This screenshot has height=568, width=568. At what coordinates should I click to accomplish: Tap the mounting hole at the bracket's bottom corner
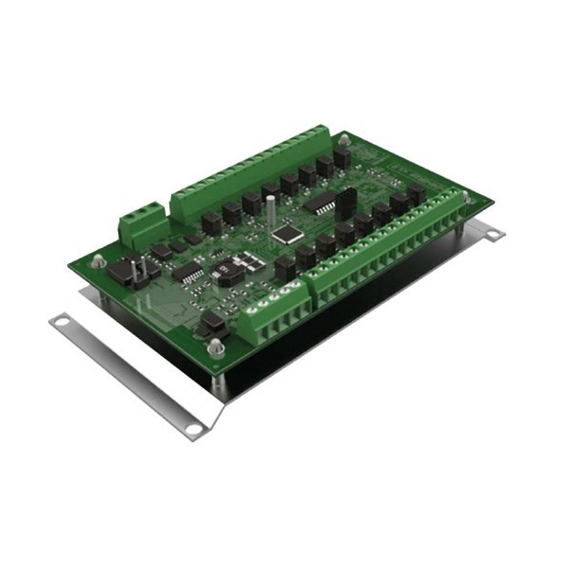click(193, 429)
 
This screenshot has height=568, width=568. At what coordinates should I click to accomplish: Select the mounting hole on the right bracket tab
click(493, 230)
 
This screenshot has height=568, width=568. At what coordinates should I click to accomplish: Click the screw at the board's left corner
click(99, 257)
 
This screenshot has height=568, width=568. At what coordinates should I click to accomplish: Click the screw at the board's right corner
click(465, 197)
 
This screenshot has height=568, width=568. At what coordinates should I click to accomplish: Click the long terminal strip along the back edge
click(248, 171)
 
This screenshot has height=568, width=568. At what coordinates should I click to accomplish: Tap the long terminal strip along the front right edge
click(388, 259)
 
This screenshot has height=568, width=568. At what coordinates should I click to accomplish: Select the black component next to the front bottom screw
click(211, 324)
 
